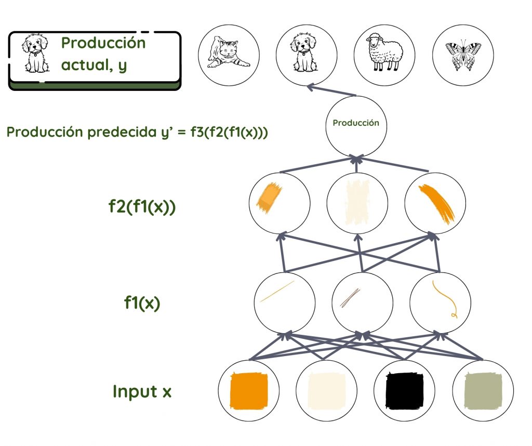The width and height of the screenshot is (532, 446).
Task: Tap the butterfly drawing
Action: click(x=462, y=56)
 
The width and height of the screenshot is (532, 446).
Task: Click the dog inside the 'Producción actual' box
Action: click(x=35, y=54)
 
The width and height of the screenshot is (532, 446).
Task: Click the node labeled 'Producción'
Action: click(x=356, y=124)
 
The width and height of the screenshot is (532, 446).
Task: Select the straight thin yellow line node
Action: click(x=284, y=300)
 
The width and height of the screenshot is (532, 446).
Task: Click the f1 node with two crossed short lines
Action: click(x=362, y=300)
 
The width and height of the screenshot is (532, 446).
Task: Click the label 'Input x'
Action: click(x=142, y=391)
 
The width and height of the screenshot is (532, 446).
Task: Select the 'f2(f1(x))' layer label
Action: click(x=142, y=206)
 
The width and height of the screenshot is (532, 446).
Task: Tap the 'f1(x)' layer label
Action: click(x=142, y=303)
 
